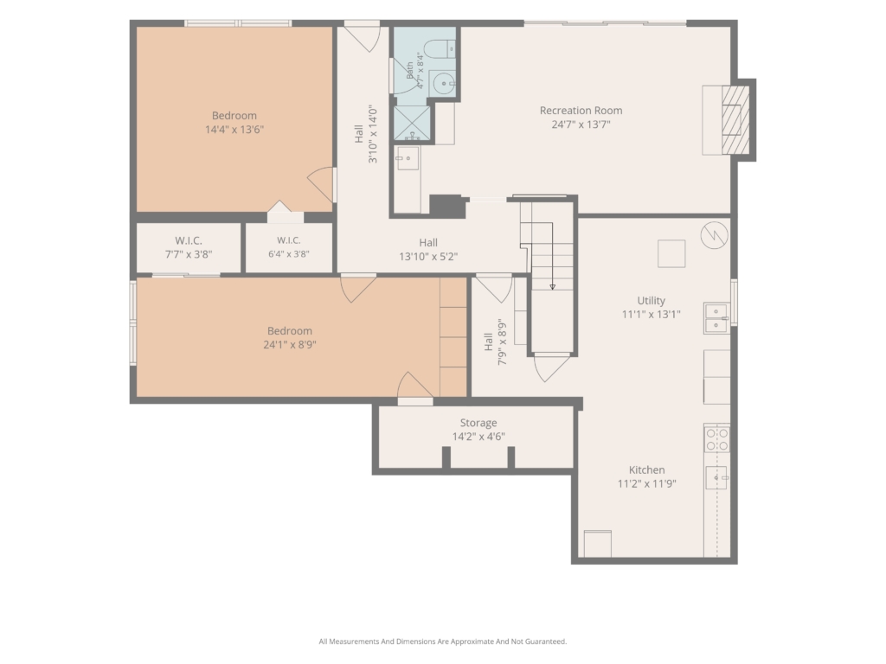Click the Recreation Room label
coord(581,111)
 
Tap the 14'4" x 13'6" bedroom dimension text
coord(234,130)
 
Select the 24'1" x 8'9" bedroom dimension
coord(289,344)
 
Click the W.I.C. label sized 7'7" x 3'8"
coord(188,240)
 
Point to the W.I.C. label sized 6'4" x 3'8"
coord(288,240)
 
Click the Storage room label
coord(478,423)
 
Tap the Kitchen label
coord(646,469)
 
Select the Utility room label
coord(651,301)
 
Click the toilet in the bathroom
coord(439,48)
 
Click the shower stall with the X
coord(411,123)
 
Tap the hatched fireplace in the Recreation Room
coord(735,119)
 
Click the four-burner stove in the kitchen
coord(716,438)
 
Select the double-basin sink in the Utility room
coord(716,318)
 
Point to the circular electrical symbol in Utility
coord(714,234)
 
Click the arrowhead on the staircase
coord(552,287)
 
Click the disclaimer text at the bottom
coord(442,642)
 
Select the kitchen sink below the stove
coord(716,477)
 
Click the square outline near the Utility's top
coord(671,253)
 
